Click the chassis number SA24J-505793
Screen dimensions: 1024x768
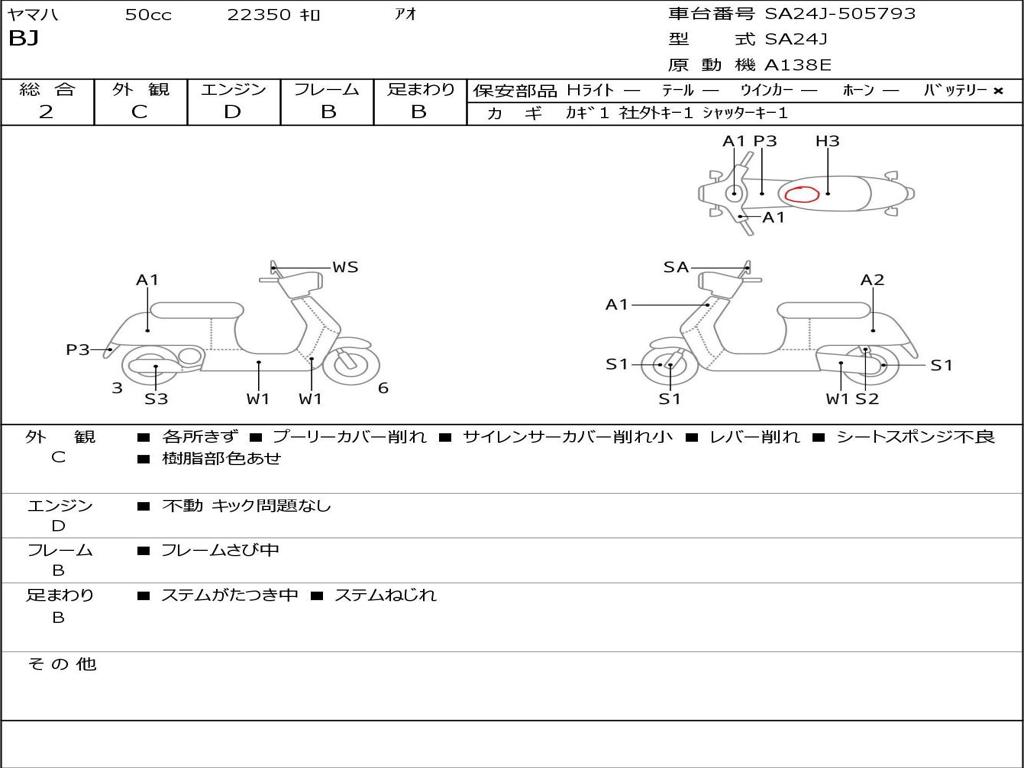click(x=840, y=14)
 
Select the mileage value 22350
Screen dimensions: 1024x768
click(x=259, y=15)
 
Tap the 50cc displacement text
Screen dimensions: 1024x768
click(x=148, y=15)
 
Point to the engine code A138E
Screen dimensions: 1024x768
click(x=798, y=66)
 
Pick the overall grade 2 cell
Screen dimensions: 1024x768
click(x=46, y=112)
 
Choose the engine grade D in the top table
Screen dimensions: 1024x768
click(x=232, y=112)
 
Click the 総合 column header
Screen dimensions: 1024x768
click(x=46, y=89)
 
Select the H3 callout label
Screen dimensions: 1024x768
click(x=827, y=141)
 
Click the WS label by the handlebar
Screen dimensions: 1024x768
click(x=345, y=267)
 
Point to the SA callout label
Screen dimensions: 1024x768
click(x=676, y=267)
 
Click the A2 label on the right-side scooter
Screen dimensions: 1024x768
click(x=872, y=280)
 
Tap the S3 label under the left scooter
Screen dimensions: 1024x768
click(x=156, y=399)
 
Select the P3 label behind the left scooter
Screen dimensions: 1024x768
click(x=78, y=349)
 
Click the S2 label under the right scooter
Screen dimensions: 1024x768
click(x=867, y=399)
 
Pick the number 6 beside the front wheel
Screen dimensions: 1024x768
click(x=383, y=388)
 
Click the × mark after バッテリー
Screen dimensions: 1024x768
click(x=998, y=90)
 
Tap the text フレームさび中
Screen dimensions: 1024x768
click(x=220, y=550)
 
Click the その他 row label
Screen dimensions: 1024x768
click(x=62, y=664)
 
